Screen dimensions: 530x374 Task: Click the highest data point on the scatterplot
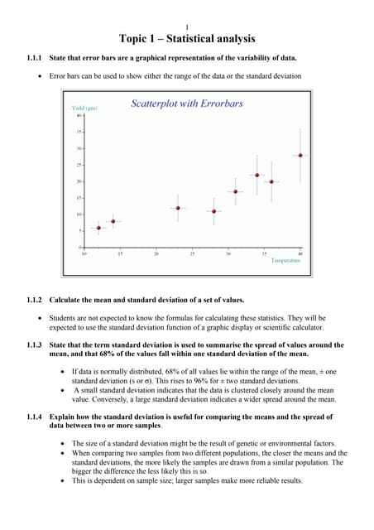point(300,155)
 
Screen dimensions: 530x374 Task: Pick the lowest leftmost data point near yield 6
point(99,228)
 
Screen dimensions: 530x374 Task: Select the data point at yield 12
point(178,208)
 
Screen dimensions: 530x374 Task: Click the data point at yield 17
point(236,191)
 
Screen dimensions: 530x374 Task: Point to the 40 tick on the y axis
point(79,116)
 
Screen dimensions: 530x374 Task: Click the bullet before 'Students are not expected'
point(41,317)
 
